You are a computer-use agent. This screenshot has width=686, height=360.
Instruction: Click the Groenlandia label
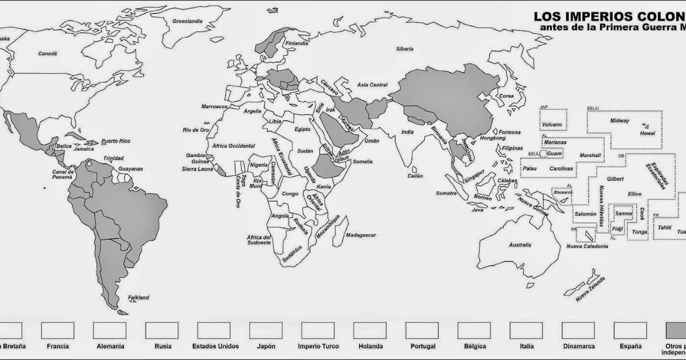pos(188,22)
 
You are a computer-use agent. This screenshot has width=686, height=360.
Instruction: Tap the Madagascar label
pos(361,235)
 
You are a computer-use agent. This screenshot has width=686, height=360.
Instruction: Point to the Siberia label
pos(404,49)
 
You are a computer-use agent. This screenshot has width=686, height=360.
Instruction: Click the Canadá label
pos(47,54)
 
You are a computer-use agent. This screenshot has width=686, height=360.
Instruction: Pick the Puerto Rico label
pos(116,141)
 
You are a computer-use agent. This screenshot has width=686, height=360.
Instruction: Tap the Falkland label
pos(138,298)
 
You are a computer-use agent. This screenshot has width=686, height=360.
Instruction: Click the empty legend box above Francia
pos(58,330)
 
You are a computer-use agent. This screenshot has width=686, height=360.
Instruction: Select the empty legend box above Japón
pos(266,330)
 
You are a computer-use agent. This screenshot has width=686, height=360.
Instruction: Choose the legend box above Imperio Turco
pos(318,330)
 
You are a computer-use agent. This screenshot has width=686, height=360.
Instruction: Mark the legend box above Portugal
pos(422,330)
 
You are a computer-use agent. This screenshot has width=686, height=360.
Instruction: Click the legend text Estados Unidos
pos(216,346)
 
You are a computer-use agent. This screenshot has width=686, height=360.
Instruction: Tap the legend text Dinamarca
pos(578,346)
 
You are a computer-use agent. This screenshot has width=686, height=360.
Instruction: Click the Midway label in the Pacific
pos(619,121)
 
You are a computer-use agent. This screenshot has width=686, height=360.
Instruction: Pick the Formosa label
pos(510,132)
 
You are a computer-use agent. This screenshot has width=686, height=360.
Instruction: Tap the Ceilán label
pos(416,176)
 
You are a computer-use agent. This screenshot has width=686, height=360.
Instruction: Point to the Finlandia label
pos(297,43)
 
